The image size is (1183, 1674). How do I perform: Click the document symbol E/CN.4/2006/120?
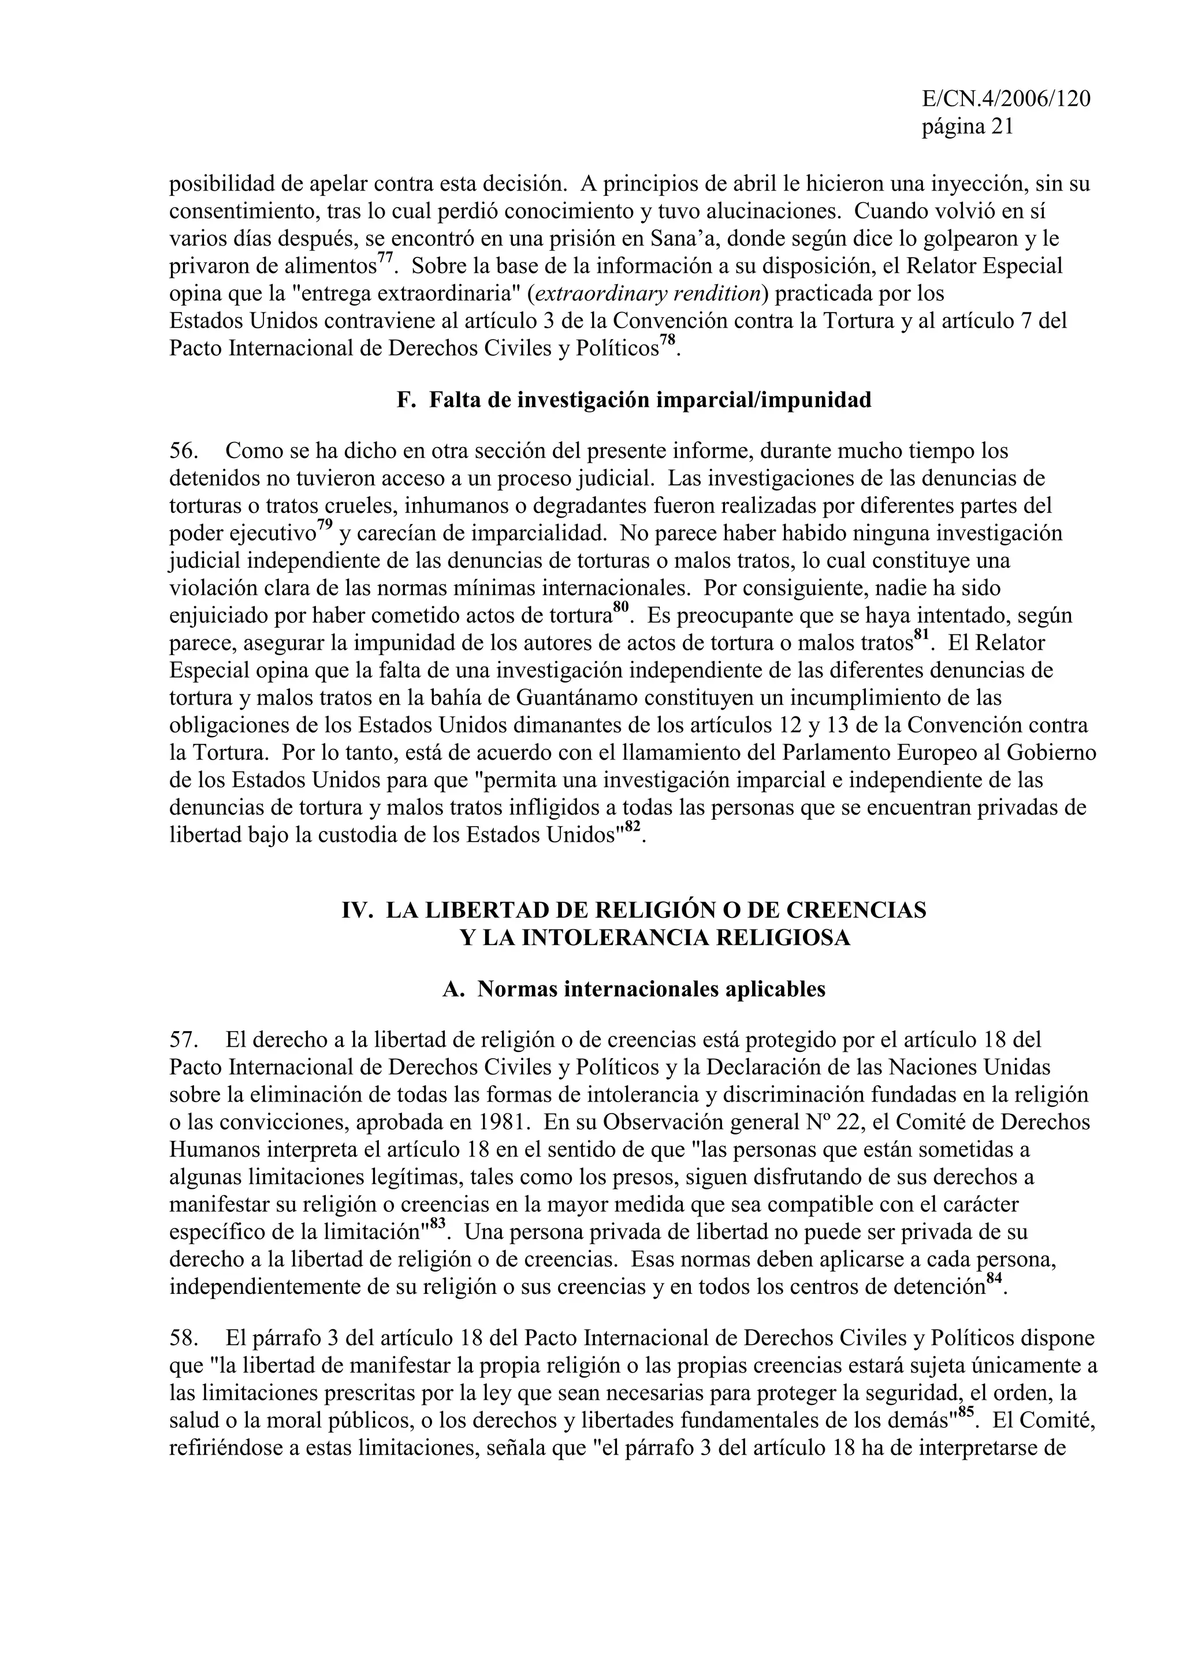coord(1006,99)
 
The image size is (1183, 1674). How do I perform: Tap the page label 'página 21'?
coord(967,127)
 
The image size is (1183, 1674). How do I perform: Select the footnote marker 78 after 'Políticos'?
coord(668,340)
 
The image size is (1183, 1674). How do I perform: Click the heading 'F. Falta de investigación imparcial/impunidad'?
coord(634,400)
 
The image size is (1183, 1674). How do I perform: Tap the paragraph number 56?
coord(184,451)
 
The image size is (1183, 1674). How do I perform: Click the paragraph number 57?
coord(184,1040)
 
